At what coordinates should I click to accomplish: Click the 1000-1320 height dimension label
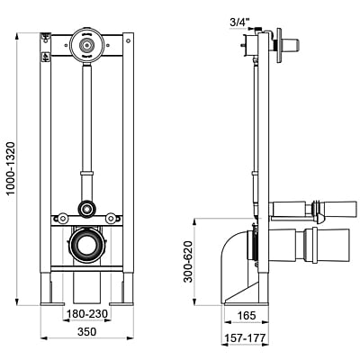11,168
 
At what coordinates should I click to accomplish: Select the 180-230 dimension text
87,314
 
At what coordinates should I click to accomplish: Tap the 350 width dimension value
87,332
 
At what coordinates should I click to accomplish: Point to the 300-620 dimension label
188,262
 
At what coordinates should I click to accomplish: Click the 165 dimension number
247,316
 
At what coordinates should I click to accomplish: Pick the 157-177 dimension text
246,338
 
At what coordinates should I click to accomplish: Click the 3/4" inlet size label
239,22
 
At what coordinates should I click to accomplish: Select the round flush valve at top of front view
86,45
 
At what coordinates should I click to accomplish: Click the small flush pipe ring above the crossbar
87,208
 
